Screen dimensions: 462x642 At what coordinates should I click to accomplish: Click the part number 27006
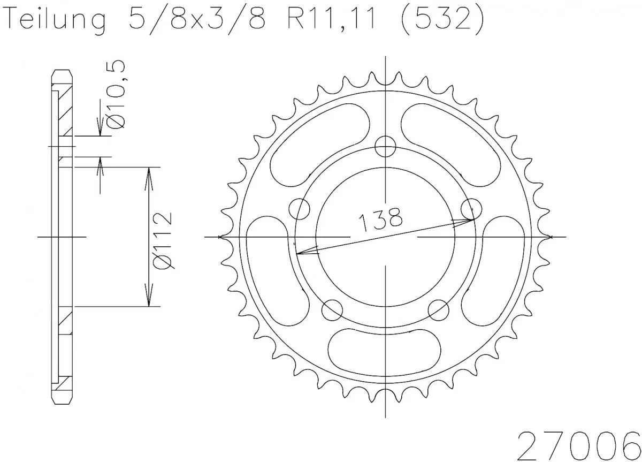click(578, 440)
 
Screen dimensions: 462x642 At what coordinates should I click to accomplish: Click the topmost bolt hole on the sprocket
click(385, 146)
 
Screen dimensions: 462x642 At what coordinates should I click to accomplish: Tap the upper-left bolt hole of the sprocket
click(300, 209)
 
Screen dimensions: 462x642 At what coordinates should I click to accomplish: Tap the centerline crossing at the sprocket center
click(385, 236)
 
